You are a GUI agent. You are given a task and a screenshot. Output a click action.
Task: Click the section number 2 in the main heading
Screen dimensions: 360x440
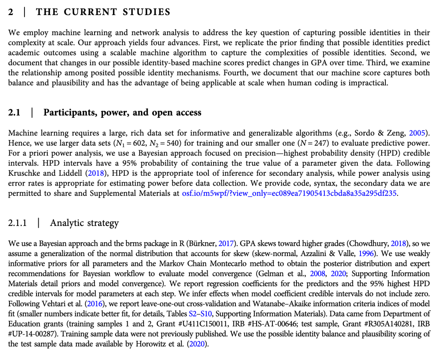[11, 12]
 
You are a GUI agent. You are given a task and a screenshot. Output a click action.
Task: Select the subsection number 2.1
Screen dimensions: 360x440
[14, 113]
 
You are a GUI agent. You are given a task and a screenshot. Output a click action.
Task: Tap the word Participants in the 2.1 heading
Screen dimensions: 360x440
[70, 113]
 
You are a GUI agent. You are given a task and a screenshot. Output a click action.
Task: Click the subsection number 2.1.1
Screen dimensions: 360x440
[18, 223]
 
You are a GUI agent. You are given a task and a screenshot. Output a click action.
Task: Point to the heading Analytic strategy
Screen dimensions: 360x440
[84, 223]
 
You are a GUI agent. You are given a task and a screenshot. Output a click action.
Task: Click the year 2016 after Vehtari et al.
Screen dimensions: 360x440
[96, 303]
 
